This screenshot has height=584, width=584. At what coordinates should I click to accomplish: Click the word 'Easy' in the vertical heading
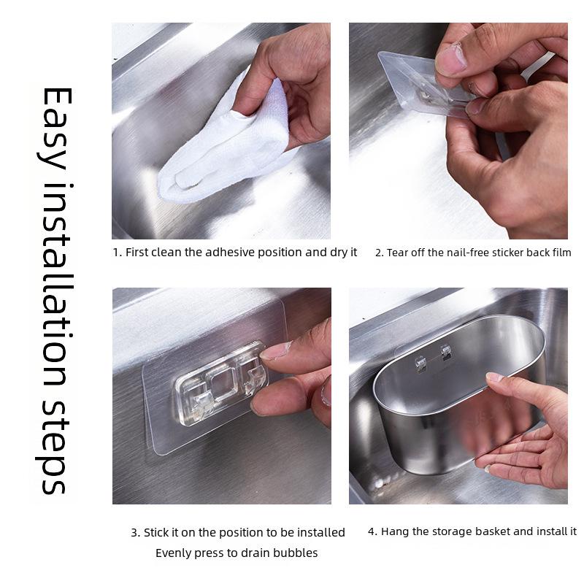(55, 127)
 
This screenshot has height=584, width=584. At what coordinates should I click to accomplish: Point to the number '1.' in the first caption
(117, 253)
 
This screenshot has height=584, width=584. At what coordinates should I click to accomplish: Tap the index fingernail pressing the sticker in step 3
(276, 350)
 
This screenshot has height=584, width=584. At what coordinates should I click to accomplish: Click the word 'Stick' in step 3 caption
(158, 533)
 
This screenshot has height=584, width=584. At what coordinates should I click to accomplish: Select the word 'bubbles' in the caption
(296, 553)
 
